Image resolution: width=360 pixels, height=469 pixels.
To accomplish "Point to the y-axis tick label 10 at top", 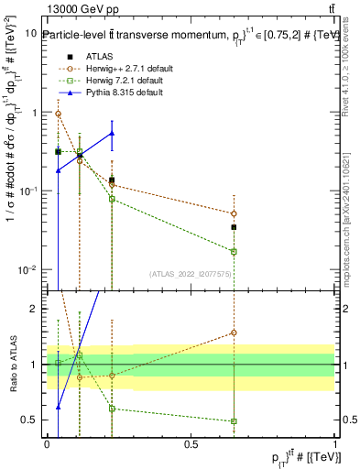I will click(31, 33).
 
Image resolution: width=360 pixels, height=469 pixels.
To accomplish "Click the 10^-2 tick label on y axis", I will click(27, 270).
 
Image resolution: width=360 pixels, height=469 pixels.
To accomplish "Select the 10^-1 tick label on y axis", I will click(27, 191).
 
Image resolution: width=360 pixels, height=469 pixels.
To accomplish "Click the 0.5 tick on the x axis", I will click(191, 442).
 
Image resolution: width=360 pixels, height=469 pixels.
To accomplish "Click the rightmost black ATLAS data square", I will click(234, 227).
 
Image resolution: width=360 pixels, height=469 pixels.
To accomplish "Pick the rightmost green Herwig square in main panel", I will click(234, 251).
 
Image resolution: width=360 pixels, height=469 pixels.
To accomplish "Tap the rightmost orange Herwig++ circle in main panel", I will click(234, 213).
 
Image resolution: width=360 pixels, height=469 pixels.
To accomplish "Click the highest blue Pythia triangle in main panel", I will click(112, 134).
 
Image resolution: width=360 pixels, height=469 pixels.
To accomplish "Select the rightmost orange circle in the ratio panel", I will click(234, 333).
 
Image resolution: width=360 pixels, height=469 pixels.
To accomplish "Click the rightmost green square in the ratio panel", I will click(234, 421).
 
